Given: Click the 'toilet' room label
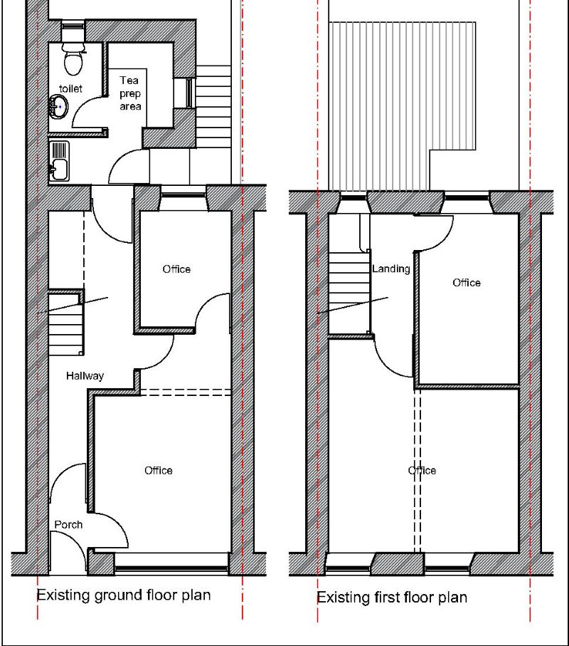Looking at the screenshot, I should [x=70, y=88].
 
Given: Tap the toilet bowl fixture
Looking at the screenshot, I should [x=72, y=60].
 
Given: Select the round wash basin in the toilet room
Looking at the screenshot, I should [x=58, y=108].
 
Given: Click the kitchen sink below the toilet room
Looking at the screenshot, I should [x=59, y=160].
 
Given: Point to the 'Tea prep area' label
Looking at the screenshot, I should [x=129, y=93].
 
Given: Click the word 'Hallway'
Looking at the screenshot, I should [x=85, y=375].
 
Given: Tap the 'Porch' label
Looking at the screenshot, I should [x=68, y=524].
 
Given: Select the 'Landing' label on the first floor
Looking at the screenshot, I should [x=391, y=269].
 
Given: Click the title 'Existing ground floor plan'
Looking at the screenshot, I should [x=124, y=594].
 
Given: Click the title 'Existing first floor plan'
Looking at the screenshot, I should [x=392, y=596].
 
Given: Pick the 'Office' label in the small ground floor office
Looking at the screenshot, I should [x=176, y=269].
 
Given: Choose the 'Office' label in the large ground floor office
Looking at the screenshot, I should [x=159, y=470].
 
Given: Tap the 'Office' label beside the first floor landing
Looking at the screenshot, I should [x=467, y=283].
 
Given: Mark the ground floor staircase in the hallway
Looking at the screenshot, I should [x=66, y=324].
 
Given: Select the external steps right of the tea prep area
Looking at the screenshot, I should [x=213, y=103].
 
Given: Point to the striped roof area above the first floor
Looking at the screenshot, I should [x=402, y=93].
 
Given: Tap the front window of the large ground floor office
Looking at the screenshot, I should [x=171, y=568].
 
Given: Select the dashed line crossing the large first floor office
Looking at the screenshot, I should [x=418, y=470].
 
